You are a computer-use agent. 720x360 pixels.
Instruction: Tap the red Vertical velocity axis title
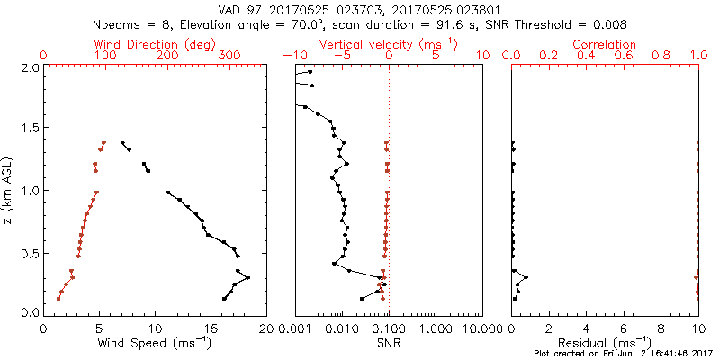389,44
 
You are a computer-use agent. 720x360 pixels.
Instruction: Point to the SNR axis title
389,343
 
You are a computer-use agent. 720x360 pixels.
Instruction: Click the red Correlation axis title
605,44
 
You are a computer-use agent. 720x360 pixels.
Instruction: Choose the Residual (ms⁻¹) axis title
605,343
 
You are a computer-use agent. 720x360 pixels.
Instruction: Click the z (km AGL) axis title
10,190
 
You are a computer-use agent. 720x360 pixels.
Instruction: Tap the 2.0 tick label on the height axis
30,67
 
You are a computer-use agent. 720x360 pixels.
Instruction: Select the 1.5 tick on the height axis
30,129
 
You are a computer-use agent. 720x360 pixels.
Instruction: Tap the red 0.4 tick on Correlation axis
587,56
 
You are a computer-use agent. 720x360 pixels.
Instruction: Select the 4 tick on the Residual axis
587,328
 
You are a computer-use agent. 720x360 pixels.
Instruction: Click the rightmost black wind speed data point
247,278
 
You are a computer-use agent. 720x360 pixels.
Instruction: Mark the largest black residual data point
526,278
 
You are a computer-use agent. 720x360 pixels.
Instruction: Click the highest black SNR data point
310,73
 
